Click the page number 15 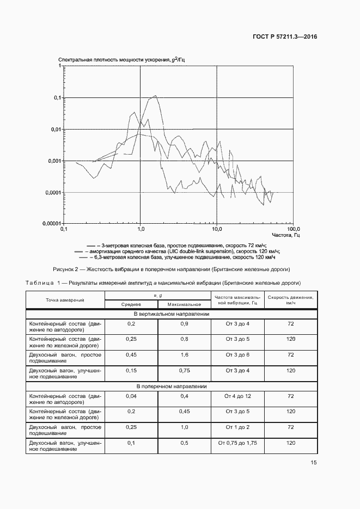(x=314, y=463)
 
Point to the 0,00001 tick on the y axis (x=52, y=224)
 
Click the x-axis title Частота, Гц (x=287, y=235)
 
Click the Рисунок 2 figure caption (x=171, y=269)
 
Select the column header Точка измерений (x=65, y=300)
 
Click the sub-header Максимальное (x=184, y=305)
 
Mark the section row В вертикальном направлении (x=171, y=314)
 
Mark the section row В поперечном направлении (x=171, y=386)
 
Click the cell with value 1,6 (x=184, y=355)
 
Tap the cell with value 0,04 (x=131, y=396)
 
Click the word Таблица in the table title (x=40, y=283)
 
